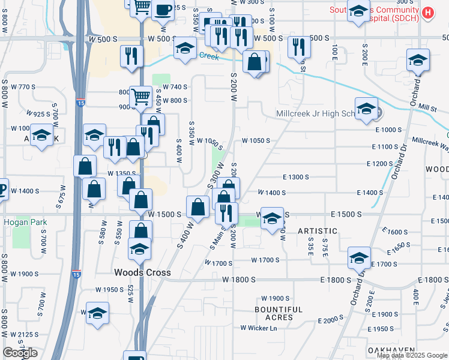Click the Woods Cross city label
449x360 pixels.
(143, 272)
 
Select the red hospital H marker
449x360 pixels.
(427, 13)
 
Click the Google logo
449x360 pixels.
(20, 353)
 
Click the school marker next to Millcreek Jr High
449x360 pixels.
(366, 109)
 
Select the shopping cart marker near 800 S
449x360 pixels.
(140, 96)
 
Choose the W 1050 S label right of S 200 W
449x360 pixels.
(256, 141)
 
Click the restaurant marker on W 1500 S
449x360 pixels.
(226, 212)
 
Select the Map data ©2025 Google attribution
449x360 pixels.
(412, 355)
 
